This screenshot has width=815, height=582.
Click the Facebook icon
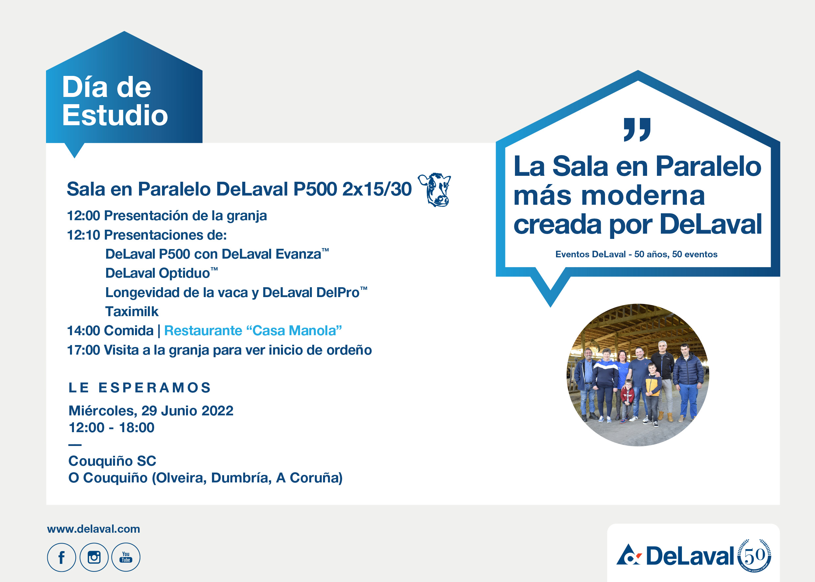(x=61, y=557)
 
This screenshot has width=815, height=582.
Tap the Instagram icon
(x=94, y=557)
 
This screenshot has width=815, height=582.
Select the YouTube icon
(x=126, y=557)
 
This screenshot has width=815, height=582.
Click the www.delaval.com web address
(x=94, y=529)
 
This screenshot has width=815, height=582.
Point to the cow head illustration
(x=435, y=190)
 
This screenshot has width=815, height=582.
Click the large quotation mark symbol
(x=637, y=129)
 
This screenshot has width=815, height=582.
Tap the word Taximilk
(x=131, y=312)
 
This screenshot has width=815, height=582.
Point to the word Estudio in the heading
(x=115, y=115)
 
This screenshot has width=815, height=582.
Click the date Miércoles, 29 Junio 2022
(x=151, y=411)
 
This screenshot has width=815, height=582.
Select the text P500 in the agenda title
(x=315, y=189)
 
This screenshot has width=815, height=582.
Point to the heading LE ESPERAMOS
(x=139, y=388)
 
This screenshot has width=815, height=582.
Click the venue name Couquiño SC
(x=112, y=461)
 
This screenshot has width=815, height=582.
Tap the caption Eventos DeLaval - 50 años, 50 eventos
(x=636, y=254)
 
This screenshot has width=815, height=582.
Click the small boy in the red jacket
(x=627, y=398)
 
